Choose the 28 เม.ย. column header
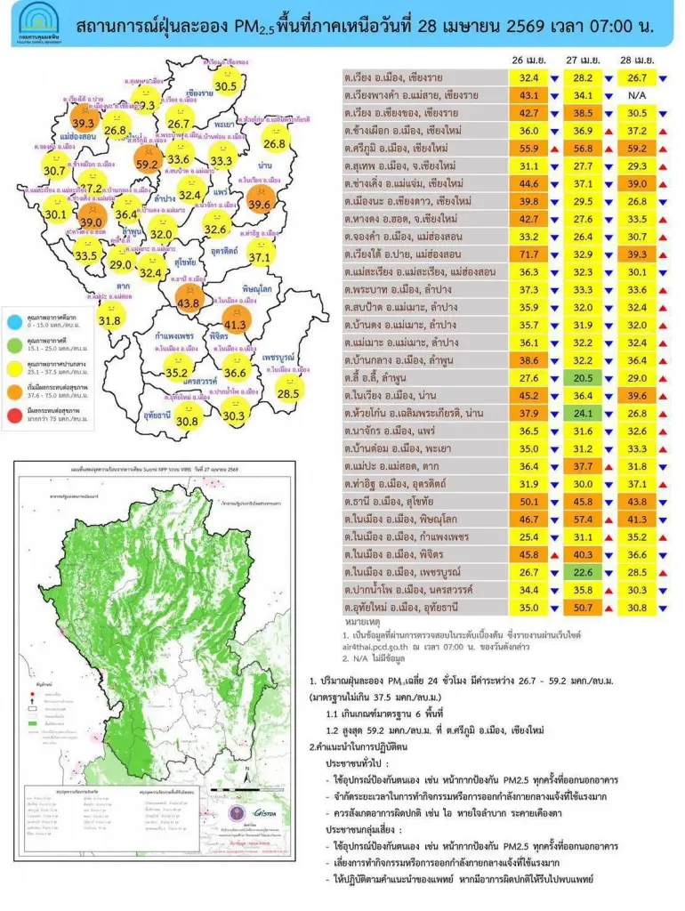637,60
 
